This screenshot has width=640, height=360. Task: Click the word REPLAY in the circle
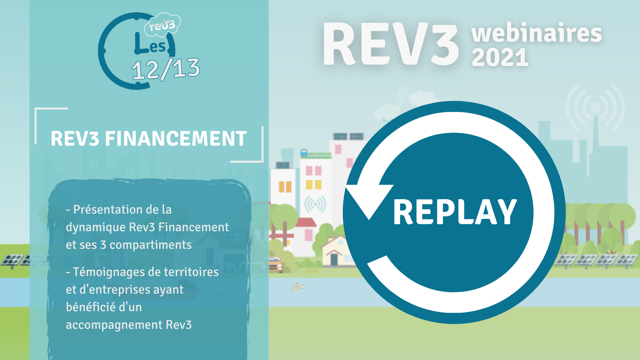tap(455, 212)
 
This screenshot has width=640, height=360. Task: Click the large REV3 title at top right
tap(390, 44)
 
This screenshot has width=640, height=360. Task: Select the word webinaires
tap(536, 33)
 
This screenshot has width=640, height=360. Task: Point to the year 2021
tap(500, 57)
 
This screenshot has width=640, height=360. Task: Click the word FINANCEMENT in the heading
tap(176, 138)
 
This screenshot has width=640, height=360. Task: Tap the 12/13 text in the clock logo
tap(166, 69)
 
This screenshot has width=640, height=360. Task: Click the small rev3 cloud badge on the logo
tap(162, 25)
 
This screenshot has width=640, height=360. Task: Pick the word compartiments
tap(150, 245)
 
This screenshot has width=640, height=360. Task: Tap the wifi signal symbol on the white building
tap(315, 204)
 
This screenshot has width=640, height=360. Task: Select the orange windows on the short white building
tap(285, 186)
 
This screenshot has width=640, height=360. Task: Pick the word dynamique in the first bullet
tap(96, 228)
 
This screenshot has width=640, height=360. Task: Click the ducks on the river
tap(298, 287)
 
